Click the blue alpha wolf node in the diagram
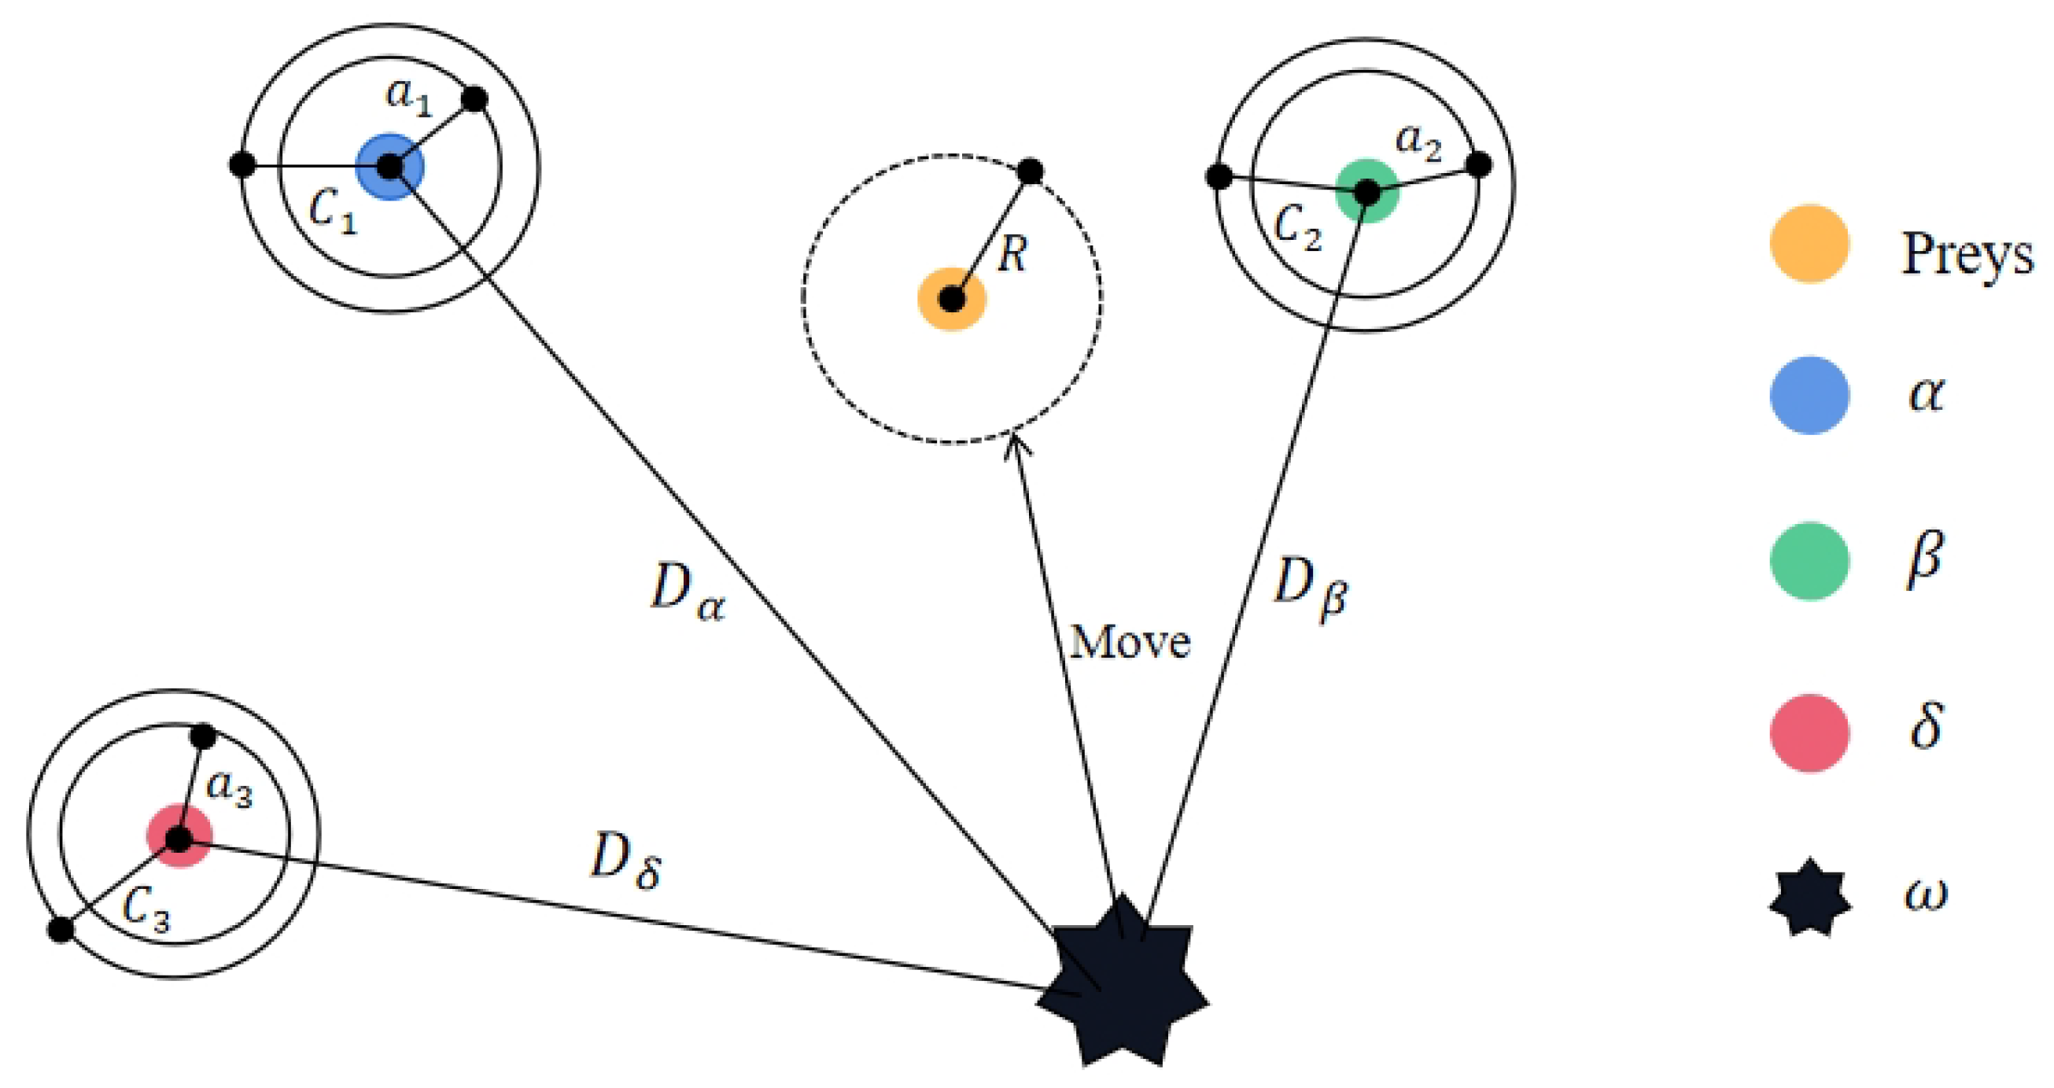(x=390, y=167)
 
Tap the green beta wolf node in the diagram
(x=1366, y=191)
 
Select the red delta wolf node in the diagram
(x=179, y=837)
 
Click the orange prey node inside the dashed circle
(x=952, y=299)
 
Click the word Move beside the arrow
(x=1130, y=642)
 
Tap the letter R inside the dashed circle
(x=1012, y=255)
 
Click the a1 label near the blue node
(x=407, y=97)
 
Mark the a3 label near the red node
(x=229, y=789)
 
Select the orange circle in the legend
(x=1809, y=244)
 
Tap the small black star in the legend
(x=1809, y=898)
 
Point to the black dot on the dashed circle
(x=1031, y=171)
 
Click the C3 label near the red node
(x=146, y=909)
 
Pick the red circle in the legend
(x=1809, y=732)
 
